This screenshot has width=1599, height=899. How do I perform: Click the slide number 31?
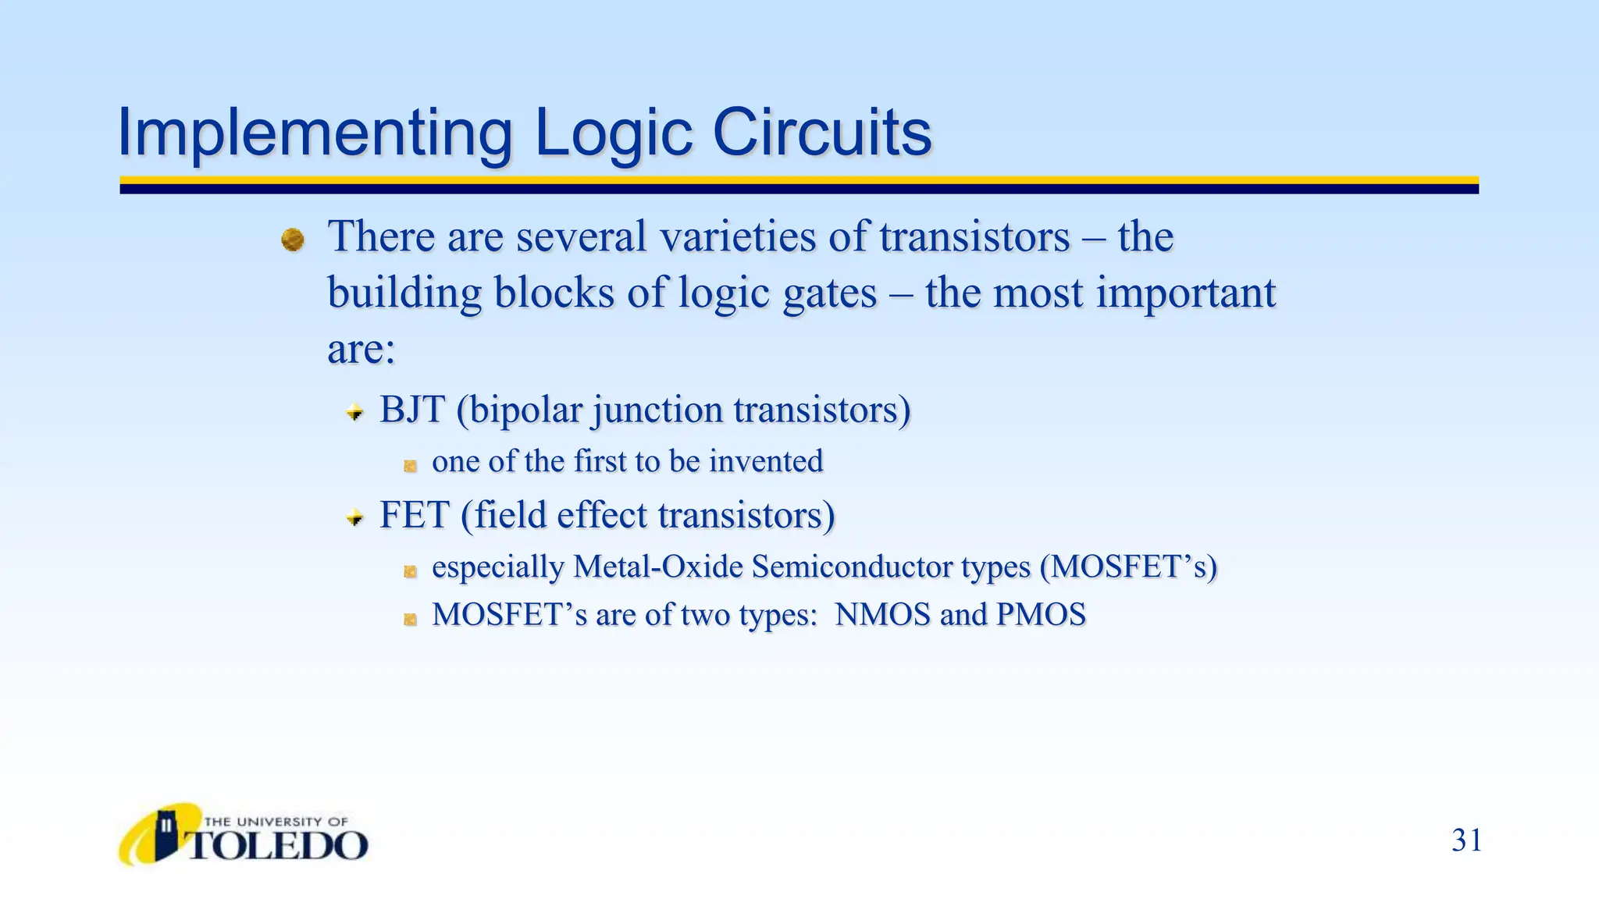pos(1466,840)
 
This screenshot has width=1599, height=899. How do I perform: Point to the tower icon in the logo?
pos(166,835)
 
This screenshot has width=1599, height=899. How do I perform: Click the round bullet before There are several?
pos(293,240)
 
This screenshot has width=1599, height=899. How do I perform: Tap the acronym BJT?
pos(411,410)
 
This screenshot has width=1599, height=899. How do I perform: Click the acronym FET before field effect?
pos(414,515)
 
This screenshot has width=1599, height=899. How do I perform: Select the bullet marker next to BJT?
pos(355,412)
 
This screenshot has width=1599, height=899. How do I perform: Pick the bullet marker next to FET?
pos(355,517)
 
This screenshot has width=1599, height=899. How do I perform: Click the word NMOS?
pos(882,615)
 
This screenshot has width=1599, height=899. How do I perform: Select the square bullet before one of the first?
pos(410,466)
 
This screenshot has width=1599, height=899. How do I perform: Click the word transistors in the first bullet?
pos(974,236)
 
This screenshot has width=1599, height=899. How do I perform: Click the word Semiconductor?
pos(852,567)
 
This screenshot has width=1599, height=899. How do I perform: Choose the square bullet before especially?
pos(410,571)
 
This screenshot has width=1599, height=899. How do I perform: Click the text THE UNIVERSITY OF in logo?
pos(275,822)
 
